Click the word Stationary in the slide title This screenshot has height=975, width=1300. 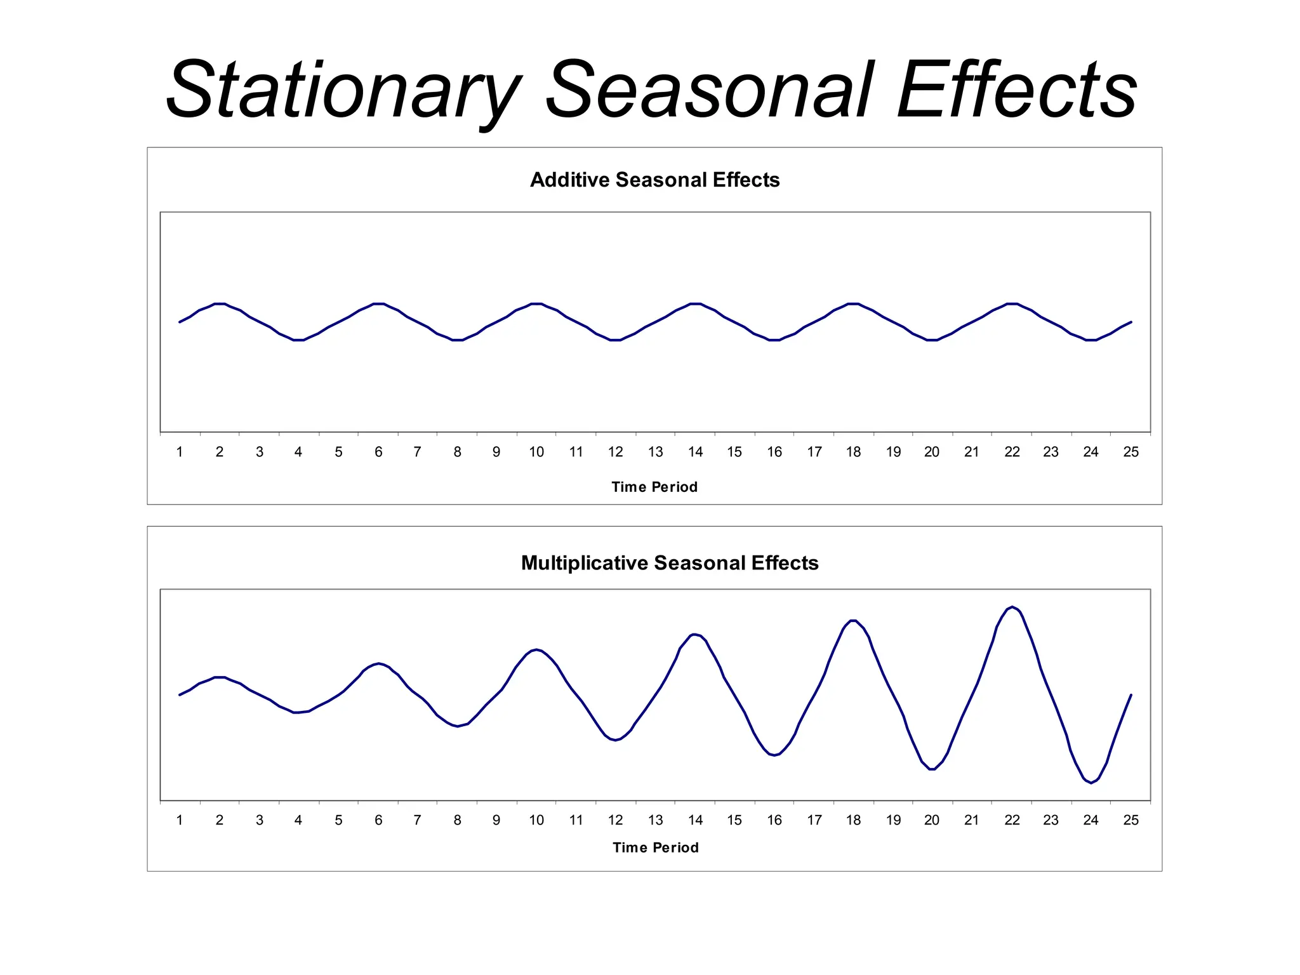click(343, 90)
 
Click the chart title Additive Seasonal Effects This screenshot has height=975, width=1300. click(654, 180)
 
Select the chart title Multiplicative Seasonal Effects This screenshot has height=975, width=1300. click(669, 563)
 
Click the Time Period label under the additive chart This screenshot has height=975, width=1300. click(654, 487)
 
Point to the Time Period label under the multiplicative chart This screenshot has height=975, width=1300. click(655, 847)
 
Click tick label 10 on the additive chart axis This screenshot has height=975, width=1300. click(536, 452)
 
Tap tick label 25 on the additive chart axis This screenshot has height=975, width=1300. click(1131, 452)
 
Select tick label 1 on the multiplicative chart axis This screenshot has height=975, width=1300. click(180, 820)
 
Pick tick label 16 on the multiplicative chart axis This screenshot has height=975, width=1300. click(774, 820)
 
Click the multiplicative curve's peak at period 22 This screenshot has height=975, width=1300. click(1012, 607)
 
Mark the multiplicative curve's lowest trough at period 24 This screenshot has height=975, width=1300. click(1091, 783)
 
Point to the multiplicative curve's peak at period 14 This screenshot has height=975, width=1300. click(695, 634)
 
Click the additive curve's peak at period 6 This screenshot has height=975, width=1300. click(378, 303)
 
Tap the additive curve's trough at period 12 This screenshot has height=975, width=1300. click(615, 340)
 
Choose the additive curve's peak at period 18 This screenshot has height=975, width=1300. click(853, 303)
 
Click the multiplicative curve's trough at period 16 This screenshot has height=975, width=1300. click(774, 755)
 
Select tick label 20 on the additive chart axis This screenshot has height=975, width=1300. click(931, 452)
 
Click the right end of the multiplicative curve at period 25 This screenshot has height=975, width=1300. click(1131, 695)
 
